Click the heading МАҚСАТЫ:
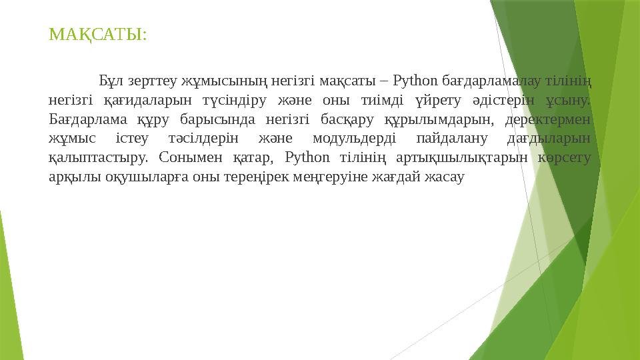tap(98, 34)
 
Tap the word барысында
tap(228, 121)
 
